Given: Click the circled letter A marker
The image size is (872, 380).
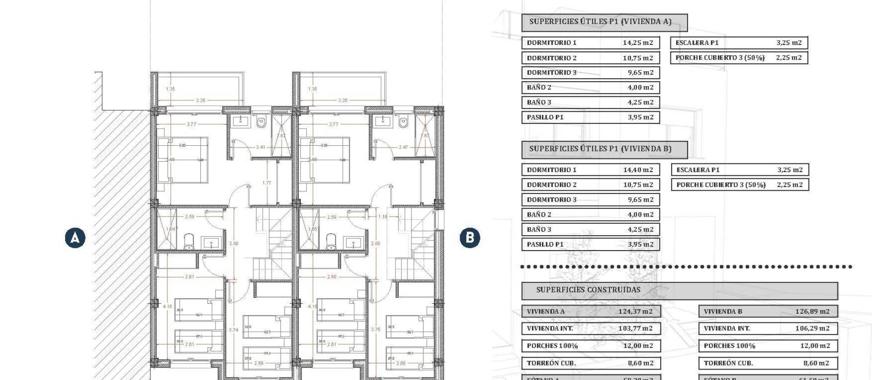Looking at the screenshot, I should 75,237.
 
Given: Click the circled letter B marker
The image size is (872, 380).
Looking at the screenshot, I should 470,237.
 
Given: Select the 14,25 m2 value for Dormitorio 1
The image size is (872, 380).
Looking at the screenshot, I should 638,43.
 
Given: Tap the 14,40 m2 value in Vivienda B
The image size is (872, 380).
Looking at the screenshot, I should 638,170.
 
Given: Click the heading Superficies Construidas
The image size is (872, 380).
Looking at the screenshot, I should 588,290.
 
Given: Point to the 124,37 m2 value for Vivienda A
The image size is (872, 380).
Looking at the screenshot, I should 635,311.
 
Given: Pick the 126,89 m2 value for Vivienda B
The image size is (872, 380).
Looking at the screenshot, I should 812,311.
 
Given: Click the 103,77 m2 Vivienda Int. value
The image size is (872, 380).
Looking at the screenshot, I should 635,328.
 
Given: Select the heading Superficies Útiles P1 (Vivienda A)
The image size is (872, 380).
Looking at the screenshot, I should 600,21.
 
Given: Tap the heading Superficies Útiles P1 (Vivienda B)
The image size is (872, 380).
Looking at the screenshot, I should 600,148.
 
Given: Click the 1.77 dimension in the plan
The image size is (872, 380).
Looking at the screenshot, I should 267,183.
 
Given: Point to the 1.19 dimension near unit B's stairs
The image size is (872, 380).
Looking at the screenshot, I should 382,217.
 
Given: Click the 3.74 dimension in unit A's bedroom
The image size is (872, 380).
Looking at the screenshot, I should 233,330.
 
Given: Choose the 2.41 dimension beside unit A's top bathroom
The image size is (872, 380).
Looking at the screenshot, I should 261,147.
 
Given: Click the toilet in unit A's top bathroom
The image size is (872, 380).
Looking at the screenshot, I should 261,122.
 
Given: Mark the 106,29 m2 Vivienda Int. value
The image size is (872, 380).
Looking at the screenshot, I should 812,328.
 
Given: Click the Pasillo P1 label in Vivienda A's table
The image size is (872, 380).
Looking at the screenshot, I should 545,117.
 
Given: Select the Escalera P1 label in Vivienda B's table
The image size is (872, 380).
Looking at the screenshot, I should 698,170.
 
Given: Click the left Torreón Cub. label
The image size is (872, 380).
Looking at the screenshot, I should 551,363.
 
